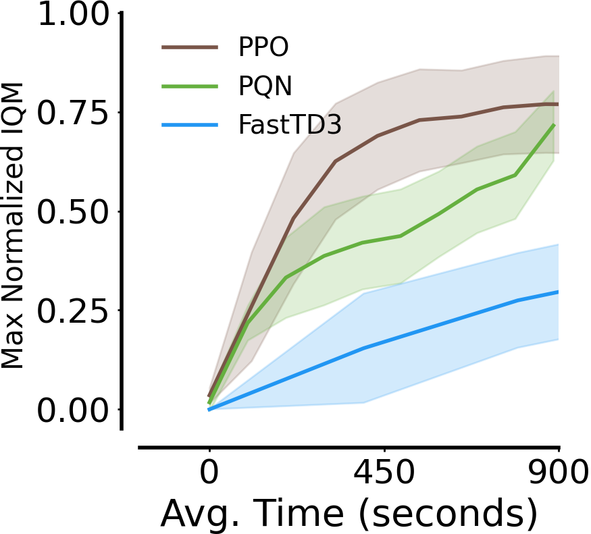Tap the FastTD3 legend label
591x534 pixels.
click(x=286, y=125)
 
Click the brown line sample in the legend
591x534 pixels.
click(x=190, y=47)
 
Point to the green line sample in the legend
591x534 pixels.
click(x=190, y=86)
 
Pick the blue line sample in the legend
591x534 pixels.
click(x=190, y=125)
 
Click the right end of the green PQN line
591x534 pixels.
click(x=555, y=125)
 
